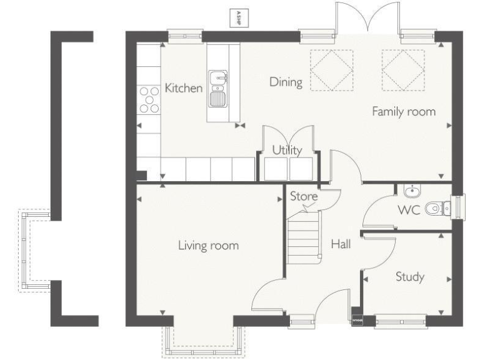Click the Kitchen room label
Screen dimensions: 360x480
click(x=184, y=88)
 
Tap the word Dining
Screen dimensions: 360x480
click(x=286, y=82)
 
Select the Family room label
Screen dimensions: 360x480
click(x=404, y=112)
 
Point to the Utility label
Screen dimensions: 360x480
click(x=287, y=150)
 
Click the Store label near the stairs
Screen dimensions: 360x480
click(x=304, y=197)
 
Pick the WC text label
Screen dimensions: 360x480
click(x=409, y=209)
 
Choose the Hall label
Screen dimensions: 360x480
click(x=341, y=244)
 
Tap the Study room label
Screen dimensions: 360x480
click(x=410, y=276)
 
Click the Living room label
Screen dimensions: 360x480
click(x=208, y=245)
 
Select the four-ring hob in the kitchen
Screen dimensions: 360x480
click(x=149, y=99)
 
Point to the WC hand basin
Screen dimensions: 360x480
click(x=411, y=191)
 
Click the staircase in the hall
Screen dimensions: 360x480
click(x=304, y=237)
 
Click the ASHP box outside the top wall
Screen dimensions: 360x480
click(x=237, y=17)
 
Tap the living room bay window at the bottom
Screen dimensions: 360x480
click(x=202, y=341)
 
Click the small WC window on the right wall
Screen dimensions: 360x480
click(x=461, y=204)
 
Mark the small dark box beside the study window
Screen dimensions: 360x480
click(x=357, y=320)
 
